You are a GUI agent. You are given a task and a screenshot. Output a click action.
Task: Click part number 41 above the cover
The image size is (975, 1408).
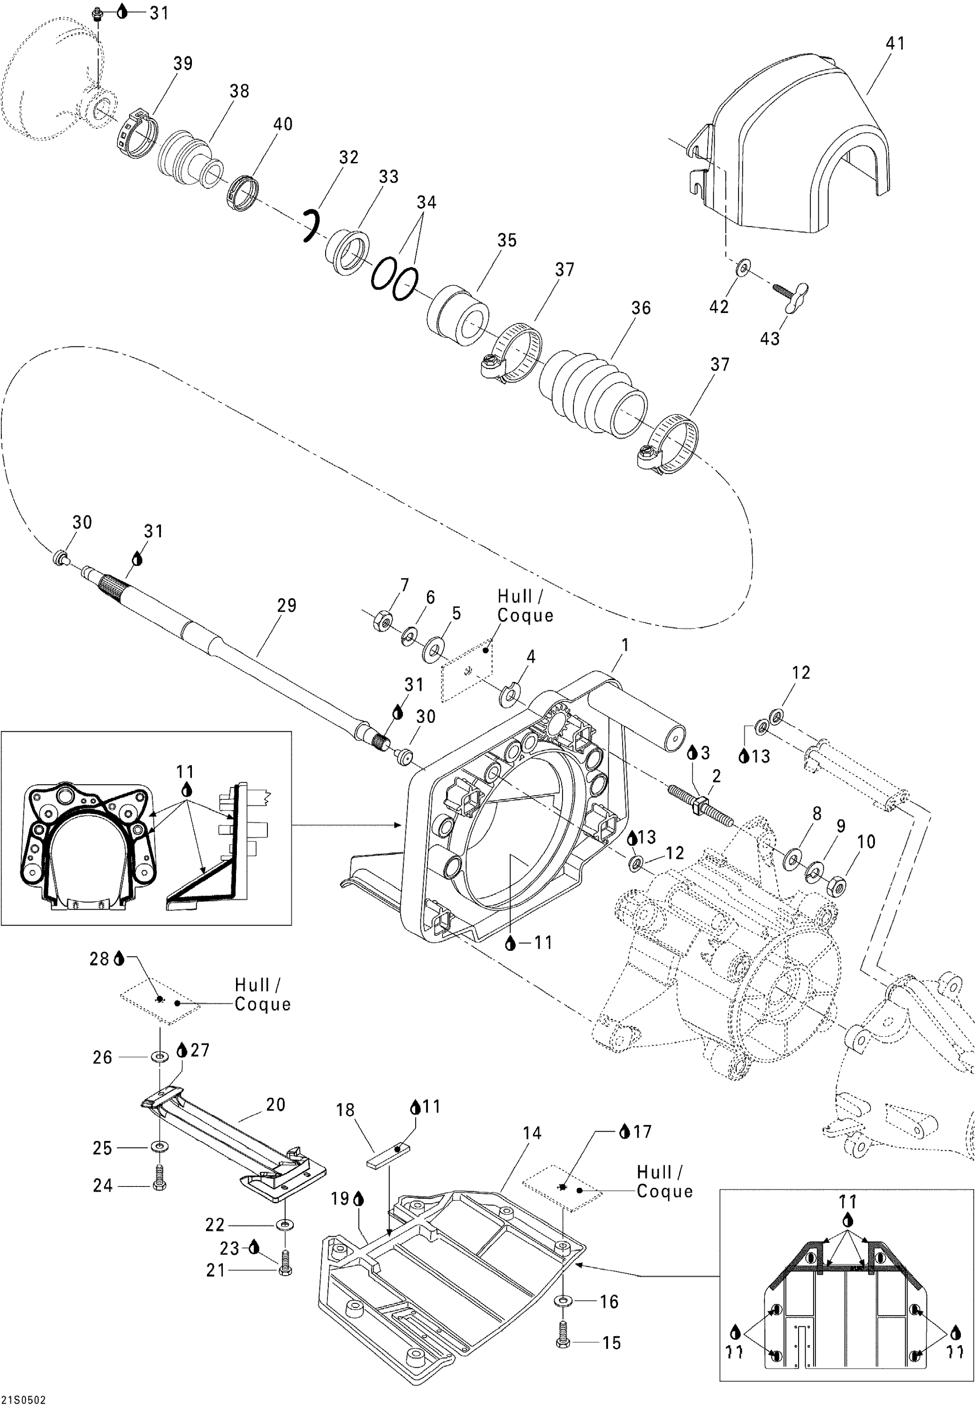coord(895,43)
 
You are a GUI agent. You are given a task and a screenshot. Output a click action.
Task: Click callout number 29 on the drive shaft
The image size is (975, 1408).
coord(287,605)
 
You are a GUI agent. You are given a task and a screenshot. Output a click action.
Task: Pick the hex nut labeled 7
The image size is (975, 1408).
coord(383,620)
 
